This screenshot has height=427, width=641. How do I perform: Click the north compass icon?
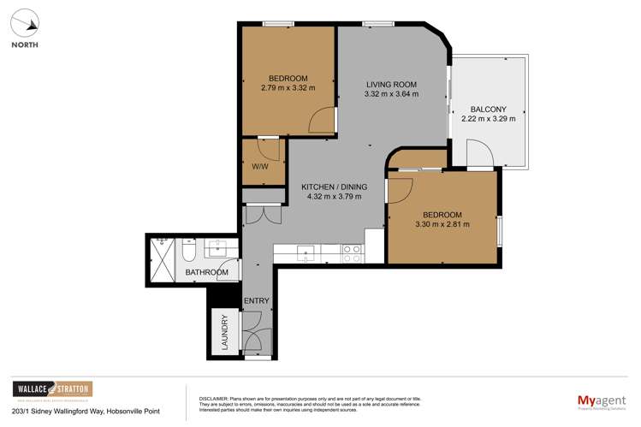pos(25,23)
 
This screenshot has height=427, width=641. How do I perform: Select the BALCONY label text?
pos(489,110)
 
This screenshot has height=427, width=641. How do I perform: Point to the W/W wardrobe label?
pos(260,167)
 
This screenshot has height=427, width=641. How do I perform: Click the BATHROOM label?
pos(207,273)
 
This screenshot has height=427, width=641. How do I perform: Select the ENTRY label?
pos(257,300)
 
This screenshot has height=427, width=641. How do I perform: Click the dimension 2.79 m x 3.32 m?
pos(288,87)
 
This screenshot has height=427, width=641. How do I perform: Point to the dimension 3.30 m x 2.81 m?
pos(442,224)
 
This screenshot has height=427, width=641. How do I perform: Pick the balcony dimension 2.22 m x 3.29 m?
pos(489,120)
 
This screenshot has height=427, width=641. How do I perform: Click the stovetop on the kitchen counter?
pos(352,252)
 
